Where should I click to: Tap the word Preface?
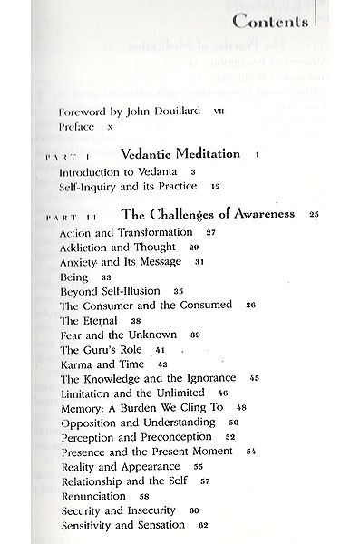[76, 128]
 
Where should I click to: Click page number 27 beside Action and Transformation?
[210, 233]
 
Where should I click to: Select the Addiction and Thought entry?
[119, 247]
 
